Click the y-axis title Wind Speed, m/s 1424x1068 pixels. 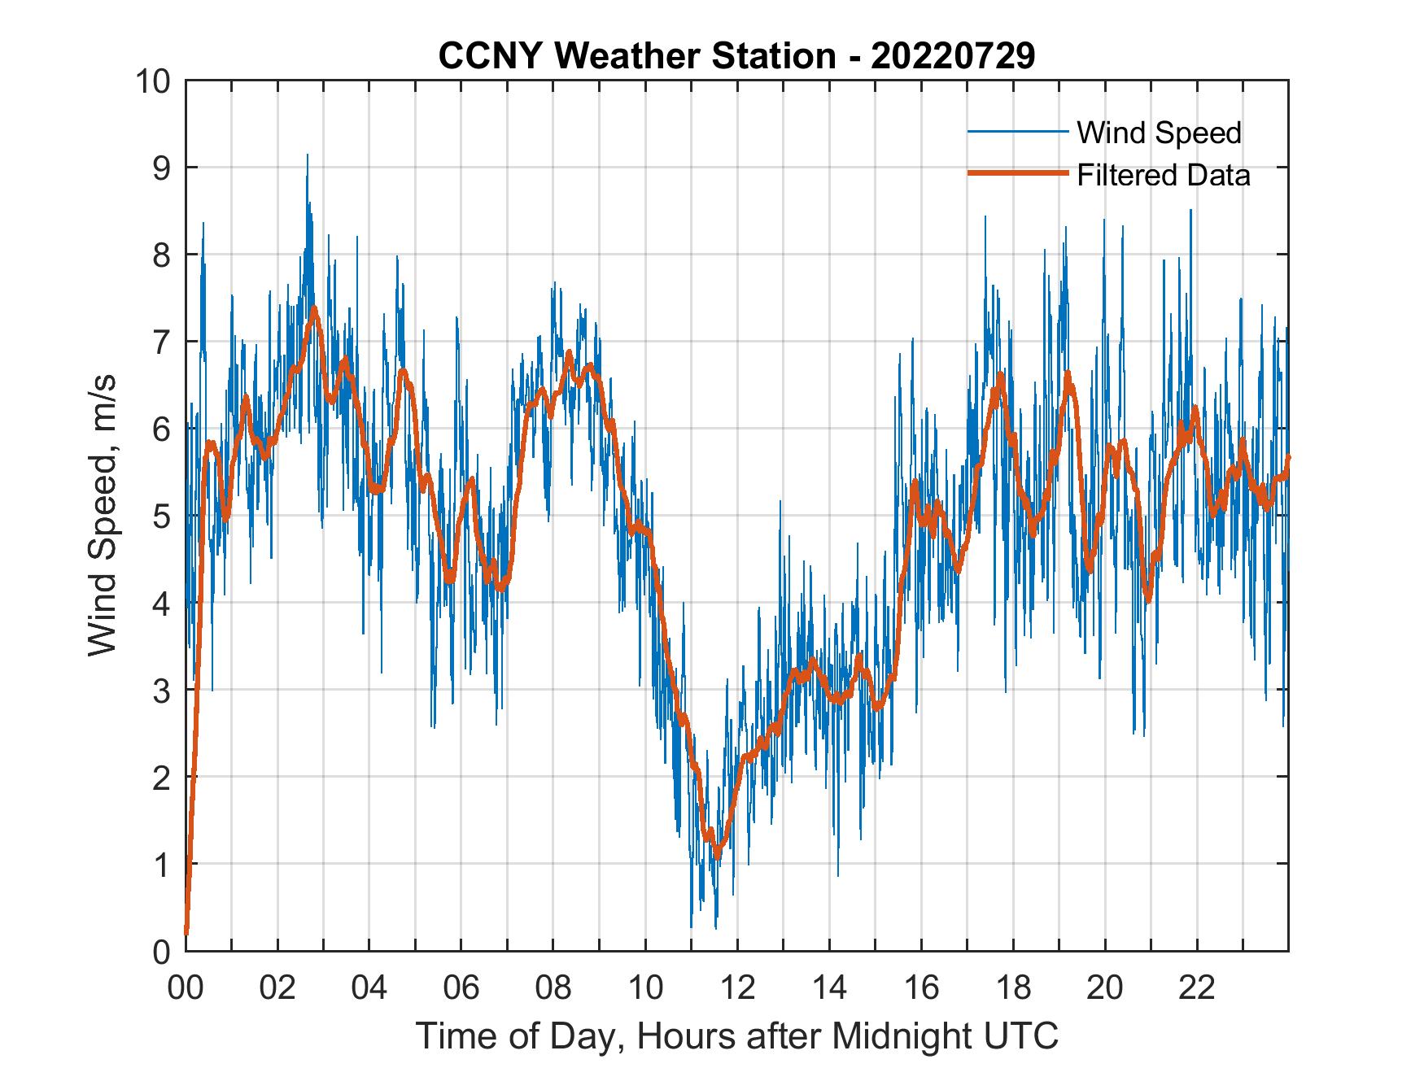[103, 515]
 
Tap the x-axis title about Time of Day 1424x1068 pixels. [737, 1036]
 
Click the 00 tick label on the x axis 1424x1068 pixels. [186, 988]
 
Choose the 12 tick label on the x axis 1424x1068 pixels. [737, 988]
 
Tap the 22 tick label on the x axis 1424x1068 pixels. [1197, 988]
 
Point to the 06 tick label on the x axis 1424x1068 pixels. [461, 988]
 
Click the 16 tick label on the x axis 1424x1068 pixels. [921, 988]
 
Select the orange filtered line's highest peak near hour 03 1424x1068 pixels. [314, 309]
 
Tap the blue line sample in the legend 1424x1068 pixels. [1017, 132]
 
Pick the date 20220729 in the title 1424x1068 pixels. [953, 56]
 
